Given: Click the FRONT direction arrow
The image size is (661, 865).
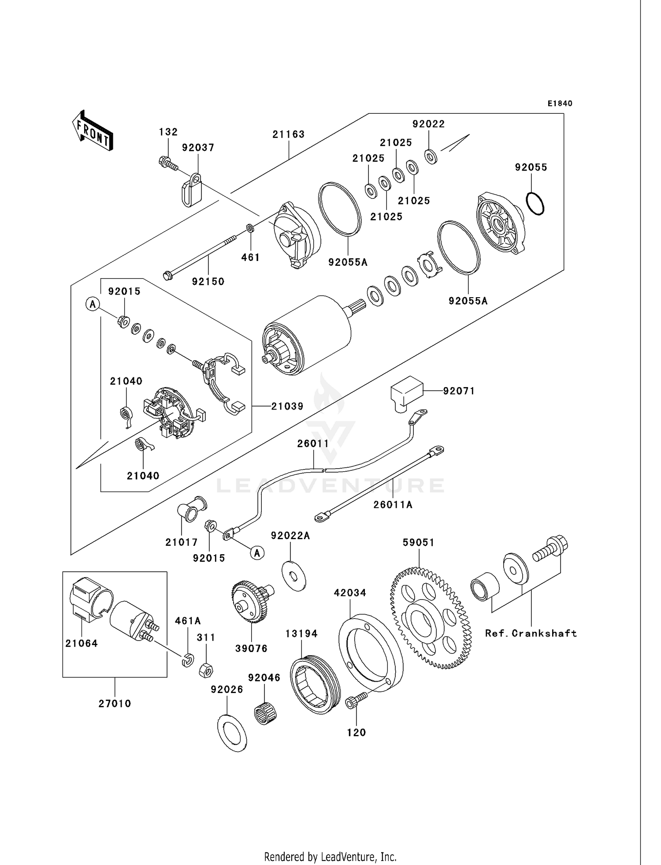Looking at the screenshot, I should point(93,131).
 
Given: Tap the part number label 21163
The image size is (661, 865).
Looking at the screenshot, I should point(288,134).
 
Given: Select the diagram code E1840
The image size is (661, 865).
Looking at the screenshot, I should point(560,104).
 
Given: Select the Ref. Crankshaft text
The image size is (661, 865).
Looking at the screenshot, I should point(531,633).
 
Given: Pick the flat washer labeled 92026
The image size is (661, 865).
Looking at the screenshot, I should point(232,733).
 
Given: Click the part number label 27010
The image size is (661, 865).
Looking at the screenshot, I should point(115,703).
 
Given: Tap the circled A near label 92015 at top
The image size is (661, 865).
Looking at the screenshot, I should point(93,304).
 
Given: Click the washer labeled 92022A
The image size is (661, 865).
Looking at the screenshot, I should point(293,576).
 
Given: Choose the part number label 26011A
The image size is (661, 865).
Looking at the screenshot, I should point(393,504).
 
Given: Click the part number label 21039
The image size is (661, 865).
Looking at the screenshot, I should point(287,406).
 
